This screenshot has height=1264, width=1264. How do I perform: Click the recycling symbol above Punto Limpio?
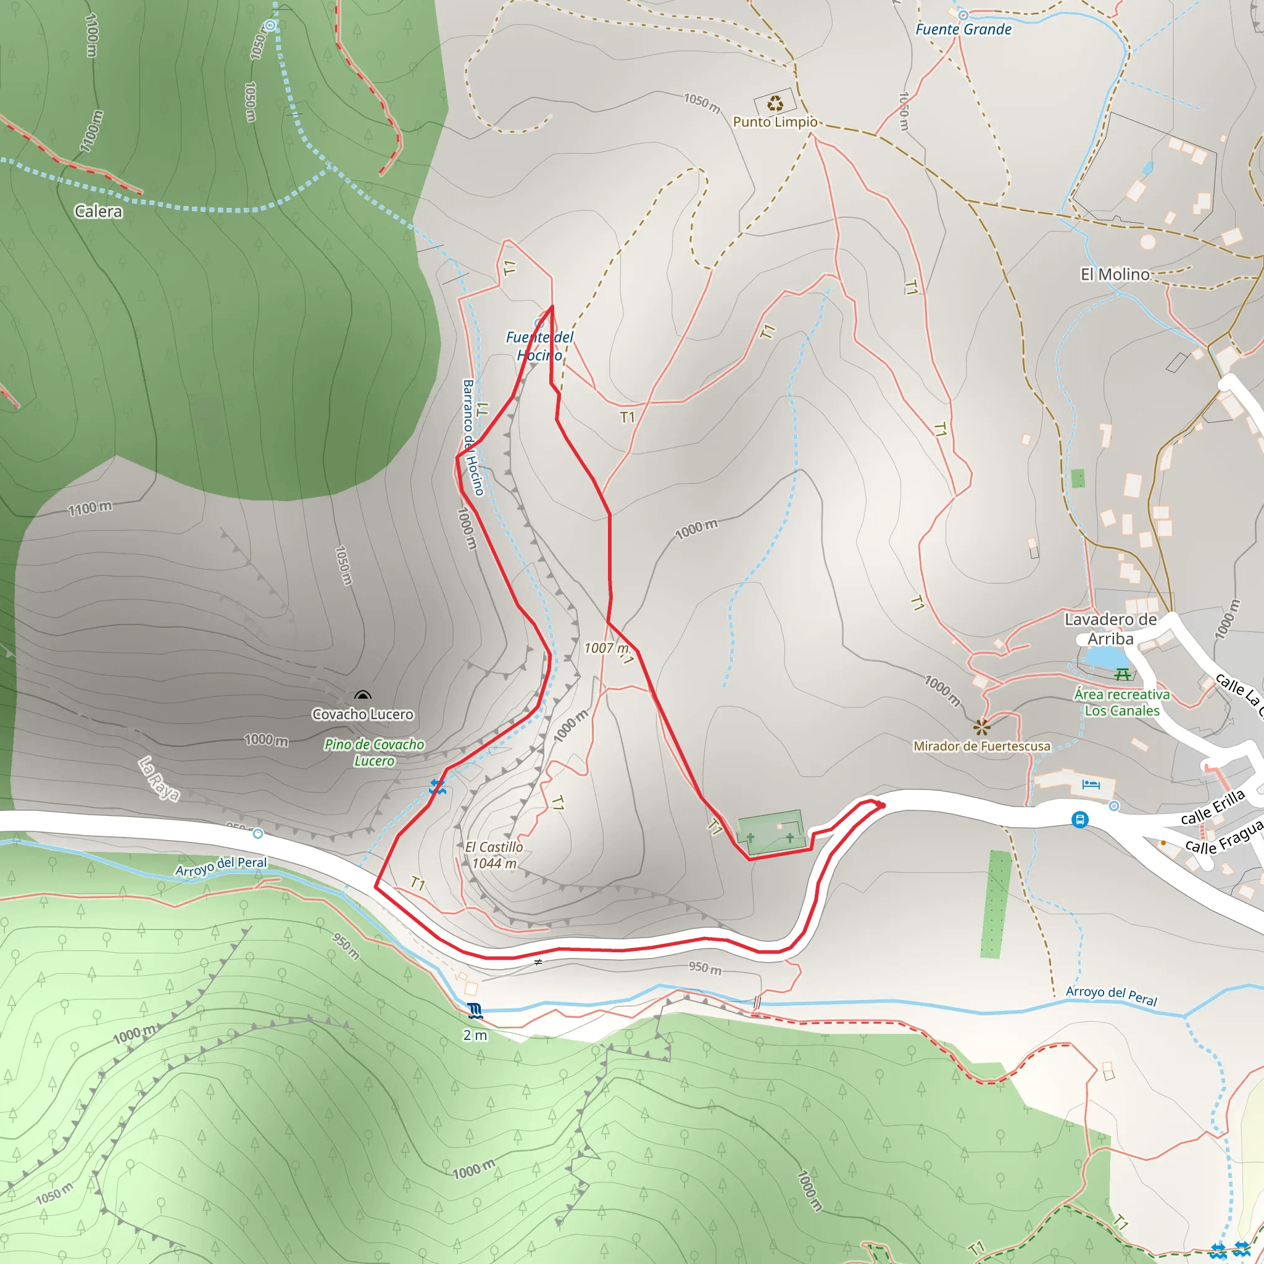(x=775, y=102)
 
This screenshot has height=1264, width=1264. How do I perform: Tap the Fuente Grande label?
(x=963, y=30)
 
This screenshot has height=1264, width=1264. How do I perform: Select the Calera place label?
(x=98, y=211)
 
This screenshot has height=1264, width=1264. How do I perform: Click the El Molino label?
(x=1115, y=274)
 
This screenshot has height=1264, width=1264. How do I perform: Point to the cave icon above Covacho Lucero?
(x=362, y=696)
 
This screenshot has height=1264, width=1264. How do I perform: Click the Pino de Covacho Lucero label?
(x=374, y=752)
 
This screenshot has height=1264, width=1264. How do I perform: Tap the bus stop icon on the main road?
(x=1079, y=819)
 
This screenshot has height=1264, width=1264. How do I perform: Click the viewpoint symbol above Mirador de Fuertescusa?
(x=981, y=727)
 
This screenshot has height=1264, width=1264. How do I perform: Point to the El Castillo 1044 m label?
(x=494, y=855)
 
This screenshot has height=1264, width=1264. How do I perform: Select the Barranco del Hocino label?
(x=472, y=437)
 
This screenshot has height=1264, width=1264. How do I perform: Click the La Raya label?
(x=159, y=778)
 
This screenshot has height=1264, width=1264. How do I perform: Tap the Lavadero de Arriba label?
(x=1110, y=629)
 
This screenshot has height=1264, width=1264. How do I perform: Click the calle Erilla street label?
(x=1212, y=807)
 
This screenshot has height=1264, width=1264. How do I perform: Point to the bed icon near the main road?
(x=1091, y=784)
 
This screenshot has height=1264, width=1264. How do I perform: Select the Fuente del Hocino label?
(x=540, y=346)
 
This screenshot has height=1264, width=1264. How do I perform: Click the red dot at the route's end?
(x=883, y=805)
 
